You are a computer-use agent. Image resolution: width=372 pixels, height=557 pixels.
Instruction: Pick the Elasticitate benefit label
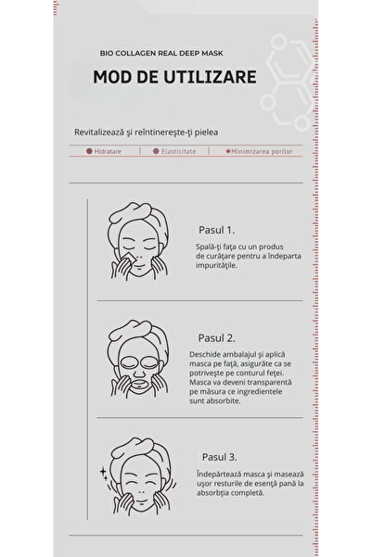click(177, 149)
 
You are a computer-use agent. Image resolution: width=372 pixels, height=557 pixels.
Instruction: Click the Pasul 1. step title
click(216, 229)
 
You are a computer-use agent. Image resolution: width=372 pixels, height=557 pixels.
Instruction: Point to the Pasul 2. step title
click(218, 338)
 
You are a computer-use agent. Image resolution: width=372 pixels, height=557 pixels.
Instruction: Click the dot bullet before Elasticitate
click(155, 149)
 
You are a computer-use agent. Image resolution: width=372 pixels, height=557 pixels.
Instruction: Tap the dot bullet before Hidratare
click(88, 149)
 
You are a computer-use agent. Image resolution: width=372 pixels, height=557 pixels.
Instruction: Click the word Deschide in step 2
click(209, 355)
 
